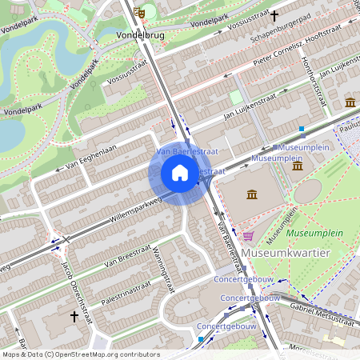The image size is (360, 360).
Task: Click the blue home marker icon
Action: click(x=180, y=173)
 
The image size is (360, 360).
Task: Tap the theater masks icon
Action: click(x=140, y=13)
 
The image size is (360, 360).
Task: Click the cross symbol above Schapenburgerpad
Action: click(x=274, y=15)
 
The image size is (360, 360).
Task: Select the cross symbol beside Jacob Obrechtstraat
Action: click(x=74, y=317)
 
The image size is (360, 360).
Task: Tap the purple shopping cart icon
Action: click(x=248, y=236)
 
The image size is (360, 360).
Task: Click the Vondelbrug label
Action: click(x=139, y=36)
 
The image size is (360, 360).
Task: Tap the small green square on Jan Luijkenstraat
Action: click(x=235, y=96)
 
